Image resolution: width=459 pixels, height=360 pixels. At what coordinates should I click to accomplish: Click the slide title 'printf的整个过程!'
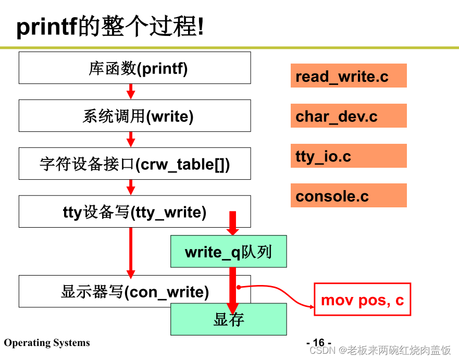[x=110, y=26]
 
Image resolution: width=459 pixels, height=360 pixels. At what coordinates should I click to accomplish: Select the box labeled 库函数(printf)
[x=134, y=68]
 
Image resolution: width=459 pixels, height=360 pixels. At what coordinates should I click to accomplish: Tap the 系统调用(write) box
[x=134, y=116]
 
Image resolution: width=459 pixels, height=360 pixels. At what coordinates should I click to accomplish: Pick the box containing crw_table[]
[x=134, y=164]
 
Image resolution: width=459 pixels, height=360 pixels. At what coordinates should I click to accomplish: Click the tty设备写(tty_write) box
[x=134, y=212]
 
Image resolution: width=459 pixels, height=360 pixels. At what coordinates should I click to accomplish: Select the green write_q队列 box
[x=228, y=252]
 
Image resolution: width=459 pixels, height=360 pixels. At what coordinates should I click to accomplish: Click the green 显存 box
[x=228, y=319]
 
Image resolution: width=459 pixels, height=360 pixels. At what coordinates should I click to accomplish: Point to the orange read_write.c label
[x=348, y=76]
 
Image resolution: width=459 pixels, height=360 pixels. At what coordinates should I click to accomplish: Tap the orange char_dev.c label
[x=348, y=116]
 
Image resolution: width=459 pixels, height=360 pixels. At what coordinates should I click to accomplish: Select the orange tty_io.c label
[x=348, y=156]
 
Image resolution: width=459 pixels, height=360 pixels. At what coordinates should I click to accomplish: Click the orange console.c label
[x=348, y=196]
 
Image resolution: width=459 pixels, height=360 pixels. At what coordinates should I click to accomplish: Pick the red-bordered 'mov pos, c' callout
[x=362, y=300]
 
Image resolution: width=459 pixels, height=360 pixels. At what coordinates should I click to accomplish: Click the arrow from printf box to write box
[x=131, y=91]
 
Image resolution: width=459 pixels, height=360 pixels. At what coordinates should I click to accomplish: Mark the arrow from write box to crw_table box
[x=131, y=139]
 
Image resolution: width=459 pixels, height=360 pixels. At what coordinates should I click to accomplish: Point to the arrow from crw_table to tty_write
[x=131, y=187]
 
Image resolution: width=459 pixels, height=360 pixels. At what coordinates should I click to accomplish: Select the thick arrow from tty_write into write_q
[x=233, y=223]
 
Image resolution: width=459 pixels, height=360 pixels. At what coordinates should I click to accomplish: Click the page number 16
[x=318, y=342]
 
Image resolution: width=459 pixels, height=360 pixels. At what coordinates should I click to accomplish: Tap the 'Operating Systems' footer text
[x=47, y=343]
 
